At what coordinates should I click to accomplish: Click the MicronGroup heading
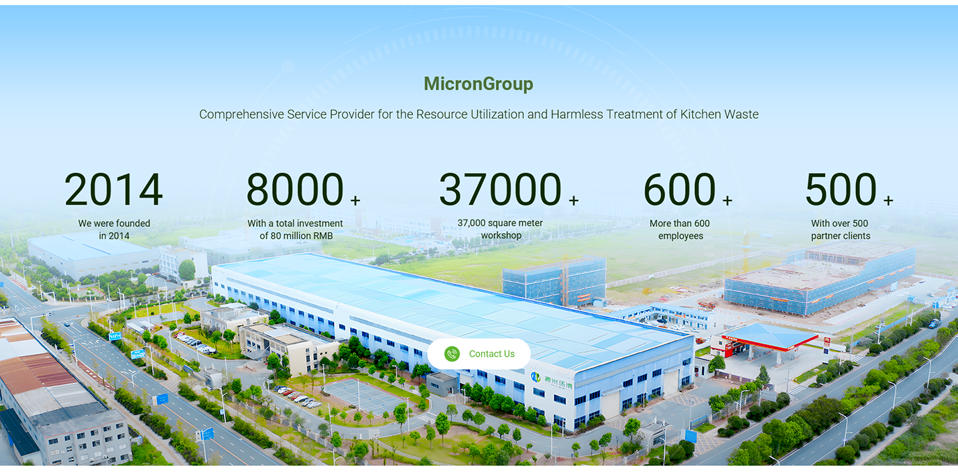click(x=478, y=84)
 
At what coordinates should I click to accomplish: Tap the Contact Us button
click(x=479, y=353)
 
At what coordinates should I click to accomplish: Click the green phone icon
click(x=452, y=353)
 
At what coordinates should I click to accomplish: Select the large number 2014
click(x=113, y=189)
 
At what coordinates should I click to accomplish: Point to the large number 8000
click(x=295, y=189)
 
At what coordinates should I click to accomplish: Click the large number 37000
click(x=500, y=189)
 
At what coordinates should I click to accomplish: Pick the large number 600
click(x=680, y=189)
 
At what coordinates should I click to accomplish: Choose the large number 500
click(x=841, y=189)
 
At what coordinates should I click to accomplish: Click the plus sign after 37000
click(x=574, y=200)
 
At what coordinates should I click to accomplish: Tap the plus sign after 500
click(x=889, y=200)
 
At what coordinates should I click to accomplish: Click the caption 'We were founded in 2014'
click(x=114, y=229)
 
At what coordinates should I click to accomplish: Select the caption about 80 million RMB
click(x=295, y=229)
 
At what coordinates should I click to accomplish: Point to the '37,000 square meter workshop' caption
click(x=501, y=229)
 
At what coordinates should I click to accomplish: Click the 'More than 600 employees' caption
click(x=680, y=229)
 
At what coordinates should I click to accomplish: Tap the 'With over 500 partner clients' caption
click(x=841, y=229)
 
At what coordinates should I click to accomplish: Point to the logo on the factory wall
click(x=535, y=376)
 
